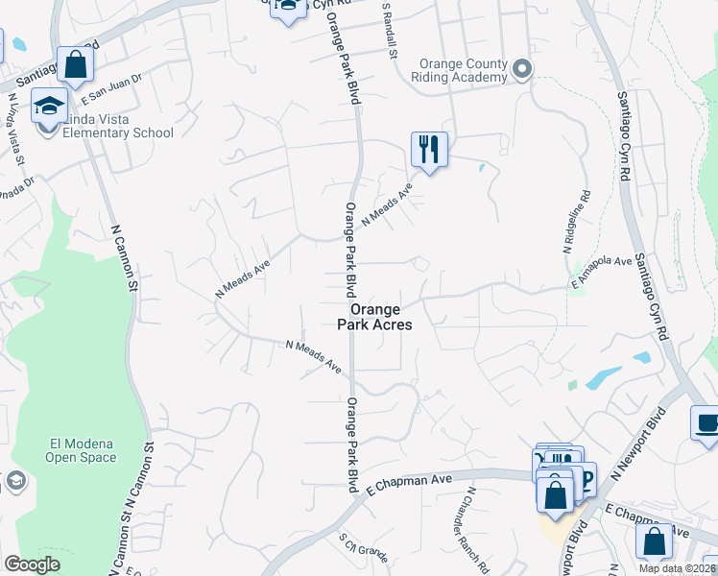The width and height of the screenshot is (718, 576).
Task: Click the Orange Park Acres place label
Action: (x=380, y=318)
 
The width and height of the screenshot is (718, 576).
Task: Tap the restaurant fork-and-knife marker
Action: (x=429, y=150)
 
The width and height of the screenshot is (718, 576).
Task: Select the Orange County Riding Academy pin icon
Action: (x=521, y=68)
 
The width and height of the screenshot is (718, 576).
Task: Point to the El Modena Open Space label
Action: (x=81, y=450)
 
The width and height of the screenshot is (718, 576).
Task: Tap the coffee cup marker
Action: (x=706, y=423)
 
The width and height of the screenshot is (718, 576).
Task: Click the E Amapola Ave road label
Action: (x=602, y=269)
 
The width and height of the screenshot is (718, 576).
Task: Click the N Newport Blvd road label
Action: (x=653, y=441)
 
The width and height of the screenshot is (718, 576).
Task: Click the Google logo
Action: (x=32, y=564)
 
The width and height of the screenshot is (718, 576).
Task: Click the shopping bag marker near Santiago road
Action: (x=75, y=64)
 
